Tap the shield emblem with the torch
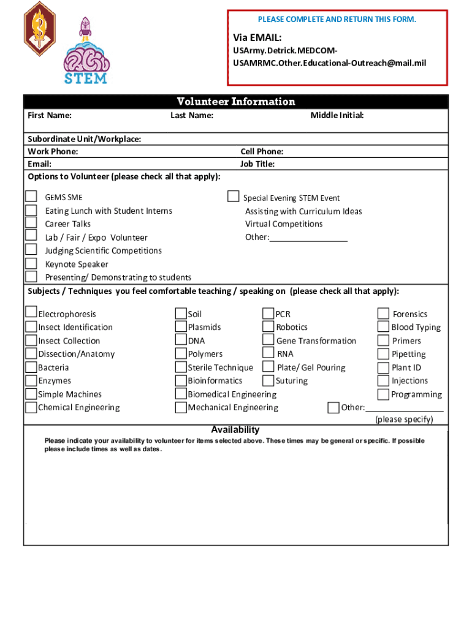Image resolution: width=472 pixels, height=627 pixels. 40,29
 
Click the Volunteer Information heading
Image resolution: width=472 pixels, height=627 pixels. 236,102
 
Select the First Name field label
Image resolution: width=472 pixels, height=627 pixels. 50,115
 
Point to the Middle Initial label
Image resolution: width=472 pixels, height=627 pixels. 337,115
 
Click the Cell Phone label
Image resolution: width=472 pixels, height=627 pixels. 262,151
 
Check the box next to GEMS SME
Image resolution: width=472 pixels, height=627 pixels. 31,197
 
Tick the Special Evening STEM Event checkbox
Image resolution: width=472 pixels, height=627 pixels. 233,197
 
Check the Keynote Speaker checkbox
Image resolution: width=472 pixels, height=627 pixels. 31,263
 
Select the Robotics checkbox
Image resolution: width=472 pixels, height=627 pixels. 268,327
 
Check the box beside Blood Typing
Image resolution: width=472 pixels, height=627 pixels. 383,327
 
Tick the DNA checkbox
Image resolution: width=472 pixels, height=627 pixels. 181,340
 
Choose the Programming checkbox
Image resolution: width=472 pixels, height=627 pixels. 383,394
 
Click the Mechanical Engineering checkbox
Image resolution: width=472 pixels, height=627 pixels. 181,407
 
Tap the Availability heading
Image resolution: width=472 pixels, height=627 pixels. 235,430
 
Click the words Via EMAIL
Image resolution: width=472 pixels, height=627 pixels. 257,38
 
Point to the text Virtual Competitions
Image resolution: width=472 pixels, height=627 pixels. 284,224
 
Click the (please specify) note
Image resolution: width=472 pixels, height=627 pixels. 404,419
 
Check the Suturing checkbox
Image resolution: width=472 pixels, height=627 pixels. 268,380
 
